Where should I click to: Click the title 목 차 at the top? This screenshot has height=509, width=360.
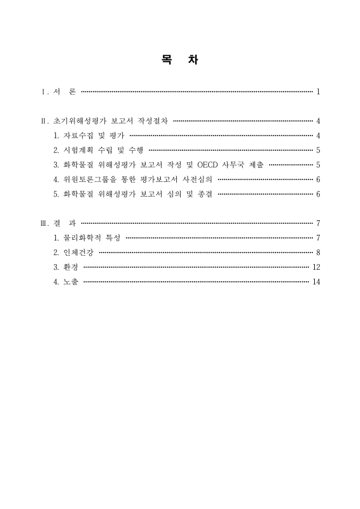[x=180, y=61]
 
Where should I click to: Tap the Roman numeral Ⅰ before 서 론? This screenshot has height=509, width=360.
[x=43, y=92]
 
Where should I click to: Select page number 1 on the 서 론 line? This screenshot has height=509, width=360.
[x=317, y=92]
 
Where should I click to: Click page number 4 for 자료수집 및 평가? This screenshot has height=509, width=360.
[x=317, y=136]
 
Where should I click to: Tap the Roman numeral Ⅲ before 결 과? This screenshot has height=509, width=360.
[x=43, y=223]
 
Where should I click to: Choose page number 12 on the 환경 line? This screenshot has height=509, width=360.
[x=316, y=267]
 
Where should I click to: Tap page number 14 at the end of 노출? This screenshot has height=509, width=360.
[x=316, y=281]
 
